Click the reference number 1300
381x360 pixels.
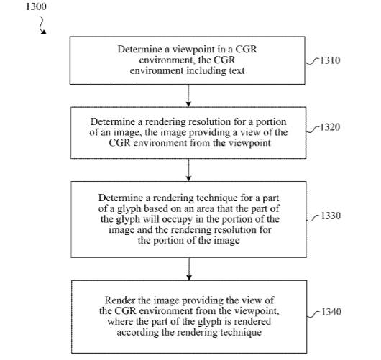point(36,6)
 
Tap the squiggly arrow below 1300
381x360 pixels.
point(42,25)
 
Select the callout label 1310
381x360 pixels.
point(330,60)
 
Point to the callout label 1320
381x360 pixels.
point(330,127)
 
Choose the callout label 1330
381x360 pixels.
point(331,216)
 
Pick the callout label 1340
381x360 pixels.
point(331,312)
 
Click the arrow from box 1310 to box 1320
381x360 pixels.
point(188,96)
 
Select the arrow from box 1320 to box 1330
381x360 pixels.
point(189,170)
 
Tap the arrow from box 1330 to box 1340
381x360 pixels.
point(189,269)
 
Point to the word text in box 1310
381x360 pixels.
point(237,70)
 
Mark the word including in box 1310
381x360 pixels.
point(206,71)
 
